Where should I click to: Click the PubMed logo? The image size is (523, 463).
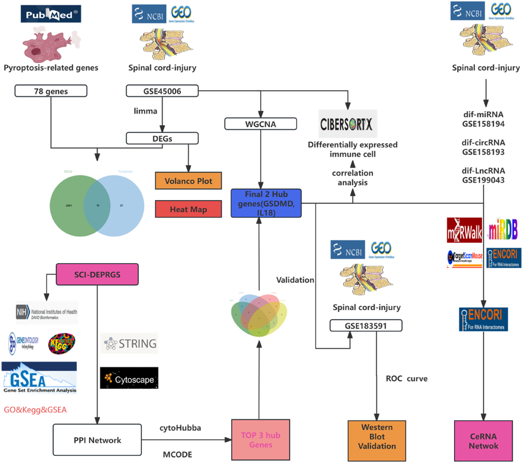(51, 14)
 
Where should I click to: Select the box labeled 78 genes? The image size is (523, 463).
(51, 91)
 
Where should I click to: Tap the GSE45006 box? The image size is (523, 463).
(162, 91)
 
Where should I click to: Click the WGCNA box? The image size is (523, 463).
(261, 124)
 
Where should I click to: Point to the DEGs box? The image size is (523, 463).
(162, 138)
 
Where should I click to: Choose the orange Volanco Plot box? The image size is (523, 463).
(188, 181)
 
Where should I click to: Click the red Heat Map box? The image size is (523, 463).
(188, 209)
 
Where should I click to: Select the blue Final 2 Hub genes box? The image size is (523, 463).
(266, 203)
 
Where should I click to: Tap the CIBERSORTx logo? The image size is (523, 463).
(347, 124)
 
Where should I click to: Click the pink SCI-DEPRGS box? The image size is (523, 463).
(97, 275)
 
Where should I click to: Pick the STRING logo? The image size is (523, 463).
(130, 344)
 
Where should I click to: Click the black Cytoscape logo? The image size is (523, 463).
(129, 378)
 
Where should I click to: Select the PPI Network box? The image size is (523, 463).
(97, 440)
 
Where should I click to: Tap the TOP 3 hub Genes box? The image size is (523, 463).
(261, 440)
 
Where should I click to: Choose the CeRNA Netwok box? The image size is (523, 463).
(483, 440)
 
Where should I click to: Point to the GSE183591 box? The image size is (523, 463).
(366, 325)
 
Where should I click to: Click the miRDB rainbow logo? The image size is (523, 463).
(503, 230)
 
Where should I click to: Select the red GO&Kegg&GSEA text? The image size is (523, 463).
(35, 410)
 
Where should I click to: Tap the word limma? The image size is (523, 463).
(145, 111)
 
